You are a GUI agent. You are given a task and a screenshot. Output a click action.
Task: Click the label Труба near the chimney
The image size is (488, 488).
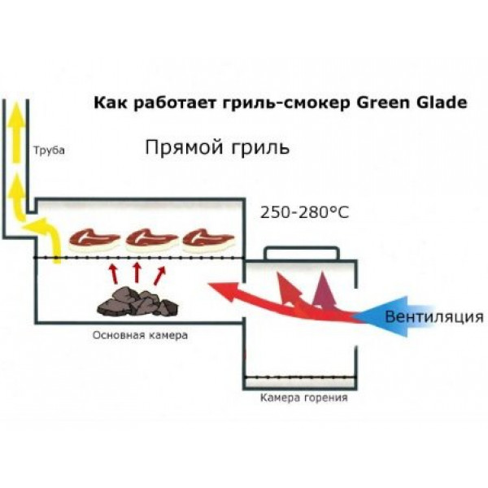click(48, 151)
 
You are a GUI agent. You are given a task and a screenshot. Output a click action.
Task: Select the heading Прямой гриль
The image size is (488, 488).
click(216, 149)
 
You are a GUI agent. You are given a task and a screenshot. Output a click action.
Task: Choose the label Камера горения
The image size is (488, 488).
click(303, 398)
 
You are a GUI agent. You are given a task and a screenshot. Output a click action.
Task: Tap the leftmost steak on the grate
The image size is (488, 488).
click(94, 237)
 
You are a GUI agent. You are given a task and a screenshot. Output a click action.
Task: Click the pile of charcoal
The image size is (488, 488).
click(137, 302)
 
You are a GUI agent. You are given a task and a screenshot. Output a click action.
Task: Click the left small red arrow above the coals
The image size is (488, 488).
click(112, 271)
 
